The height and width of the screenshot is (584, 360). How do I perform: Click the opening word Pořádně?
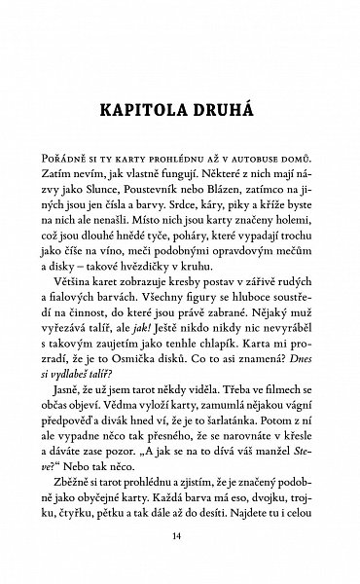[x=63, y=157]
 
